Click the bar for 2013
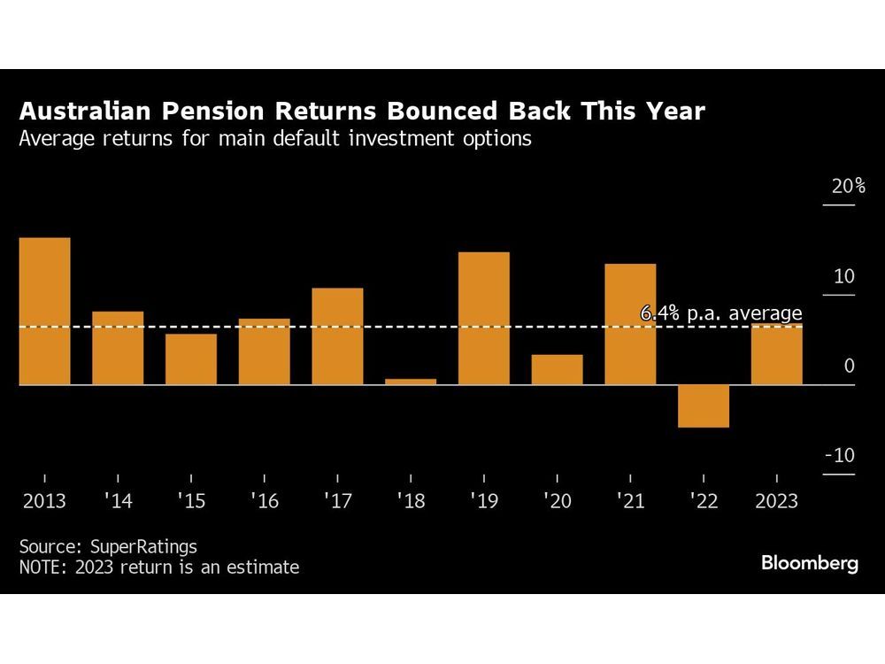(44, 311)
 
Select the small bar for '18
(411, 382)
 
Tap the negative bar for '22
(704, 406)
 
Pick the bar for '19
(484, 319)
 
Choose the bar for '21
(630, 324)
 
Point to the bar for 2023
(777, 354)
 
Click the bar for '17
(337, 336)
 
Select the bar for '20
(558, 369)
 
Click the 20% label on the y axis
(847, 187)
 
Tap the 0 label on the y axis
(849, 366)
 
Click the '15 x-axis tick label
(190, 501)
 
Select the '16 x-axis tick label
(264, 501)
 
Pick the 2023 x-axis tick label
(776, 501)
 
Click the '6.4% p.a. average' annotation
(720, 313)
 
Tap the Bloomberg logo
(809, 563)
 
